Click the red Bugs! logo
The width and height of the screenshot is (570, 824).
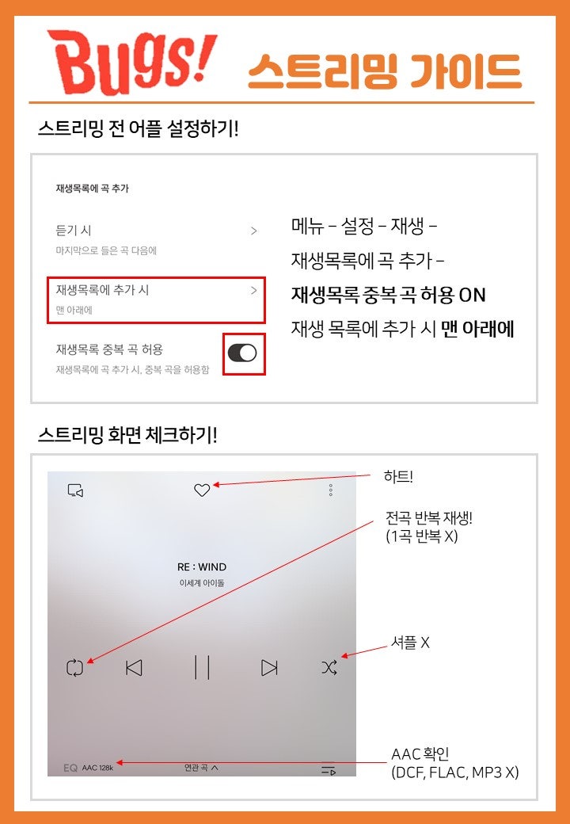132,62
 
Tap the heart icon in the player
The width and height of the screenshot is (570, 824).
202,490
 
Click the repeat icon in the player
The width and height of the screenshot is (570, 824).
75,668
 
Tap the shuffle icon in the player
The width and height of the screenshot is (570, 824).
329,668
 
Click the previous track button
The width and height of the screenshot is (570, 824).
135,668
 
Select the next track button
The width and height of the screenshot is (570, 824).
269,668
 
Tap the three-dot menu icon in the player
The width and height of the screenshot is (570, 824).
331,490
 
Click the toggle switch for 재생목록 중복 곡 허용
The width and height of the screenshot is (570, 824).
242,353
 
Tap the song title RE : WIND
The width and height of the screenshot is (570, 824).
202,567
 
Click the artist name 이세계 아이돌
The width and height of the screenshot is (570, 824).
202,583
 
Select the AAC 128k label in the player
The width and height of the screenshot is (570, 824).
97,768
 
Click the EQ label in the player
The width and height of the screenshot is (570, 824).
70,768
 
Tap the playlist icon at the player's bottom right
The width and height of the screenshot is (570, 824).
329,770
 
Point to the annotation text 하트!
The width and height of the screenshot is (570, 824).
398,477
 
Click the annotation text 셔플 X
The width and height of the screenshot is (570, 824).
410,643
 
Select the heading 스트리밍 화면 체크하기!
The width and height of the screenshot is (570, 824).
127,435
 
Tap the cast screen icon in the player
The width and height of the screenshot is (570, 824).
75,490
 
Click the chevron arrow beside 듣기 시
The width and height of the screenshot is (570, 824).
254,231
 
